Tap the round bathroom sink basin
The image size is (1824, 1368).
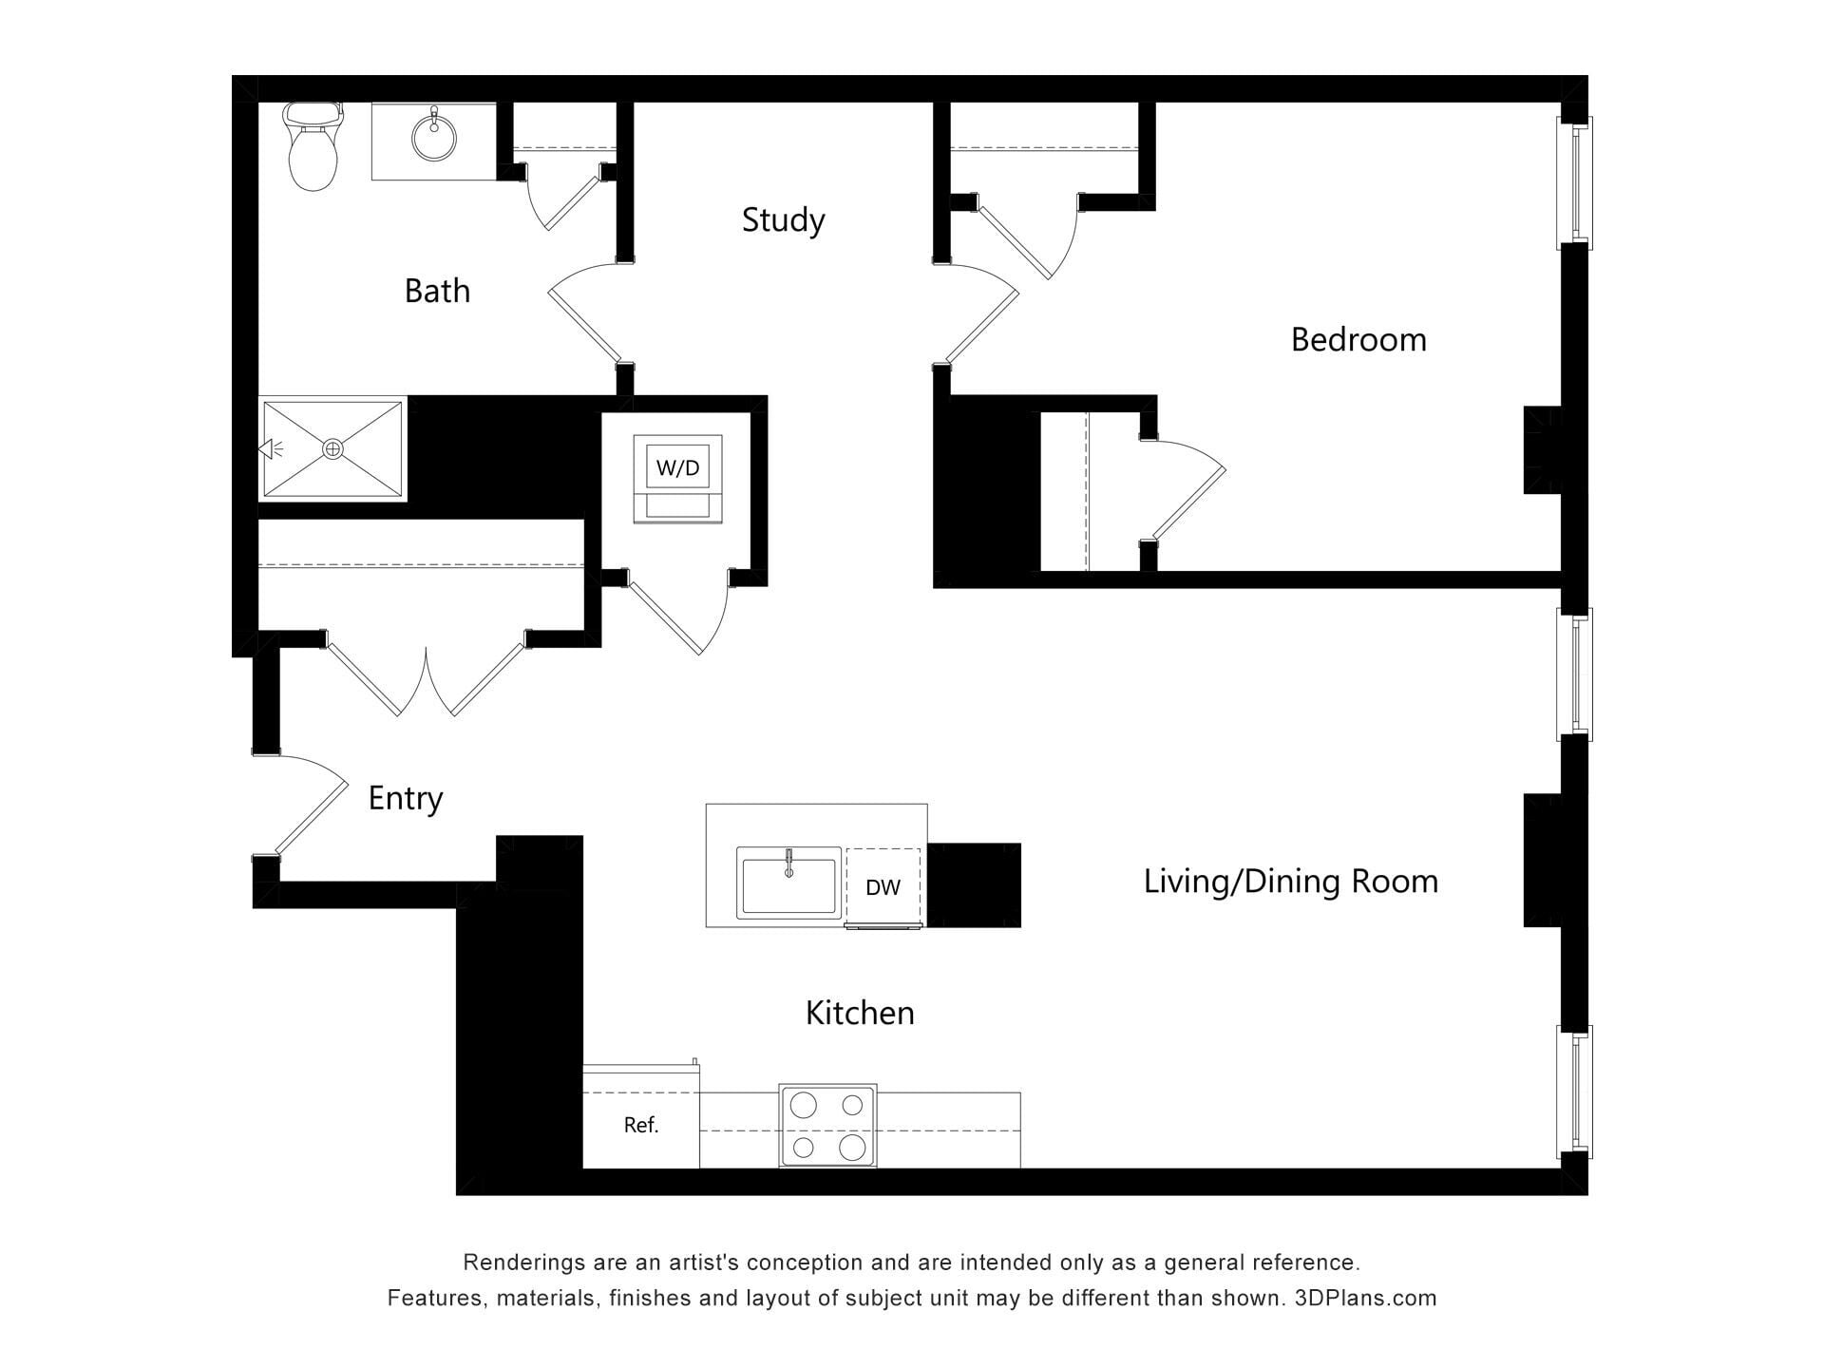pyautogui.click(x=434, y=139)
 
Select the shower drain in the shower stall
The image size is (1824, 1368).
pyautogui.click(x=332, y=449)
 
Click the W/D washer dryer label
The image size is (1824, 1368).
pyautogui.click(x=677, y=467)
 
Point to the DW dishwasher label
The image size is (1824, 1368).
pyautogui.click(x=883, y=887)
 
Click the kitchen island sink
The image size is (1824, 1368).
pyautogui.click(x=788, y=883)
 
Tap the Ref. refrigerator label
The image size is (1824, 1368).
pyautogui.click(x=641, y=1125)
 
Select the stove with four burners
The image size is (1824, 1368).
pyautogui.click(x=827, y=1126)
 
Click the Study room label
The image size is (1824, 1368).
pyautogui.click(x=783, y=220)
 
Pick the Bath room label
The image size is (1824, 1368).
pyautogui.click(x=437, y=291)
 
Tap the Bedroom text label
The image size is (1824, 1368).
pyautogui.click(x=1358, y=339)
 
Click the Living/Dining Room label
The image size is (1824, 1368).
pyautogui.click(x=1290, y=882)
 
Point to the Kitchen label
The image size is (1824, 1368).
pyautogui.click(x=860, y=1013)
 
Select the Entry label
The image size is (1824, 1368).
pyautogui.click(x=406, y=799)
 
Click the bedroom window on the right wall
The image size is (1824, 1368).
pyautogui.click(x=1575, y=182)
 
